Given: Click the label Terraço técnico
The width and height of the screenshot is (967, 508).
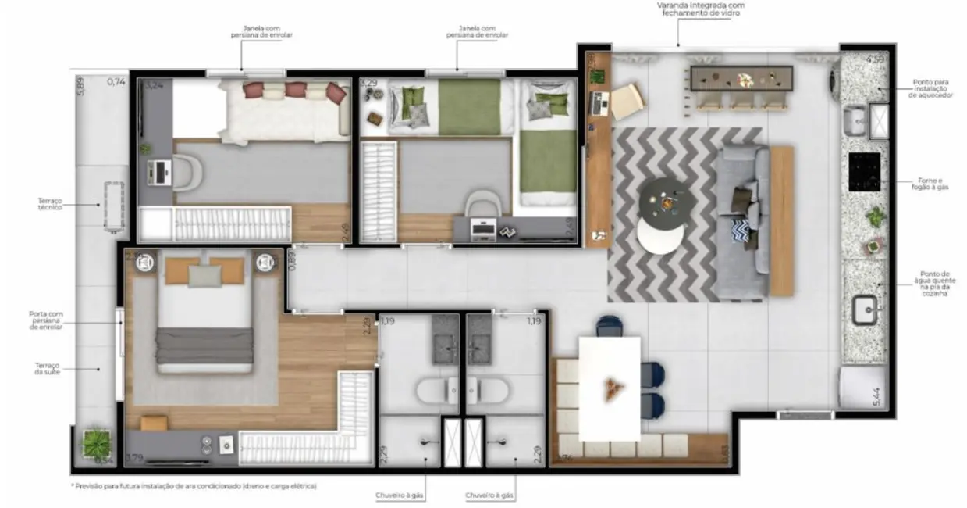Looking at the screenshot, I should coord(50,204).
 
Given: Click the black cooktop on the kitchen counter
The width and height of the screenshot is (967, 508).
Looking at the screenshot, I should coord(864,171).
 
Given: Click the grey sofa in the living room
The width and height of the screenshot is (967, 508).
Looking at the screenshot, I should coord(741,221).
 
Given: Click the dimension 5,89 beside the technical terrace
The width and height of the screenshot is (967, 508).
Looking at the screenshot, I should coord(80,85).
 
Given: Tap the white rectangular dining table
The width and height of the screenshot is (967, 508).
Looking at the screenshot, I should coord(609,388).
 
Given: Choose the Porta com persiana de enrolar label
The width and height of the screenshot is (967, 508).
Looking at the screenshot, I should coord(45,320).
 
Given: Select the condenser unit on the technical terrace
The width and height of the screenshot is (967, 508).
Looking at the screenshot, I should coord(114,206).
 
